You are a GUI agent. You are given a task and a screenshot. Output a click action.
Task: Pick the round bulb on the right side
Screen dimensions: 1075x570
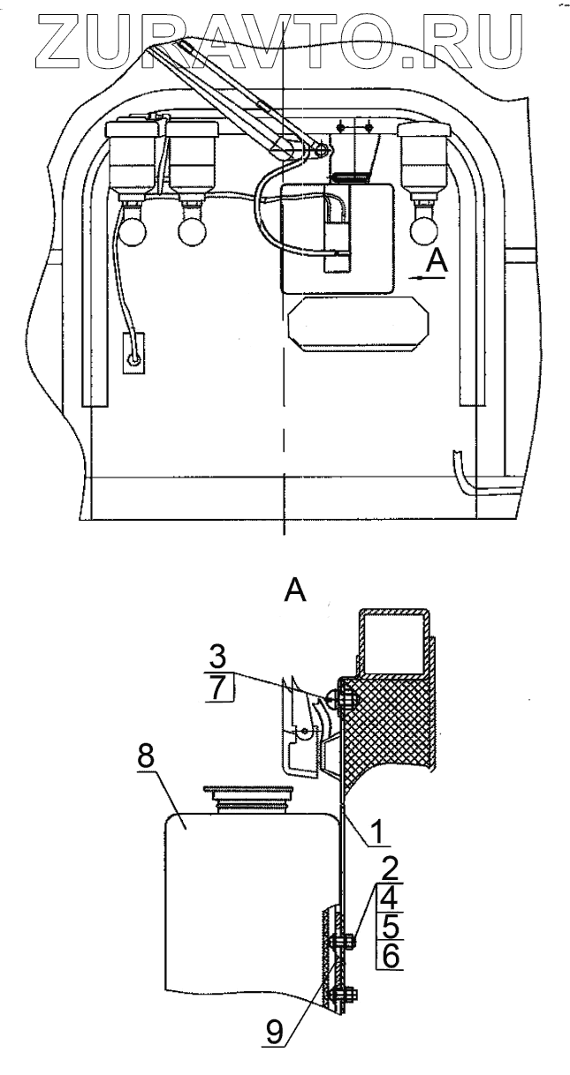click(424, 231)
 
